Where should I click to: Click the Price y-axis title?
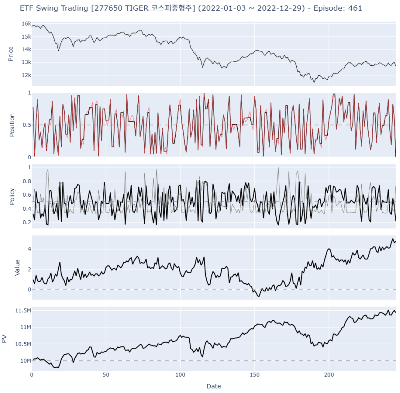pos(11,54)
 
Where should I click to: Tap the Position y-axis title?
pos(11,125)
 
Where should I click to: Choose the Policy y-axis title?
pos(11,196)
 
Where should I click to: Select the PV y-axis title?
pos(5,339)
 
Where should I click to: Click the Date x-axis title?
pos(213,386)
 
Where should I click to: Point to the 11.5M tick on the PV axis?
pos(23,311)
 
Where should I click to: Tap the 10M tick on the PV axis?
pos(25,361)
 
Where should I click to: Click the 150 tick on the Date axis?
pos(255,375)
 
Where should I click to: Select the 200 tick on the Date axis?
pos(329,375)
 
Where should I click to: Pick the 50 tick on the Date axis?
pos(106,375)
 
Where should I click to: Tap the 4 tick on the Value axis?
pos(29,249)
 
